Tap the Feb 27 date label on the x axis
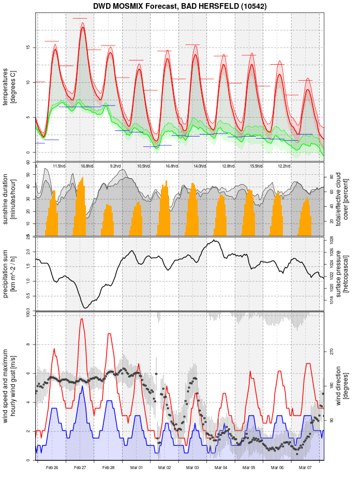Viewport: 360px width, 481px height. (80, 468)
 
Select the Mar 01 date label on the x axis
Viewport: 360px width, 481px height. (137, 468)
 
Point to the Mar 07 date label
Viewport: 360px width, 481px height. (305, 468)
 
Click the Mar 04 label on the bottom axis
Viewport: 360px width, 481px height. (221, 468)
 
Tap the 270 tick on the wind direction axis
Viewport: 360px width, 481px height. (332, 351)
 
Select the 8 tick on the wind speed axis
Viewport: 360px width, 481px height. (28, 344)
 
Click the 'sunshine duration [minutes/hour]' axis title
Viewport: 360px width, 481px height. (10, 199)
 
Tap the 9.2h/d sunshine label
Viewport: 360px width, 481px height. (115, 166)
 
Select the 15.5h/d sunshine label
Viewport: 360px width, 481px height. (256, 166)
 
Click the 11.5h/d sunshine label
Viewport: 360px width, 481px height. (59, 166)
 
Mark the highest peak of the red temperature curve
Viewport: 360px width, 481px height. (83, 27)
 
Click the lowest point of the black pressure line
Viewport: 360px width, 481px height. (86, 308)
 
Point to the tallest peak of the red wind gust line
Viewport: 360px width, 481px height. (81, 319)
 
